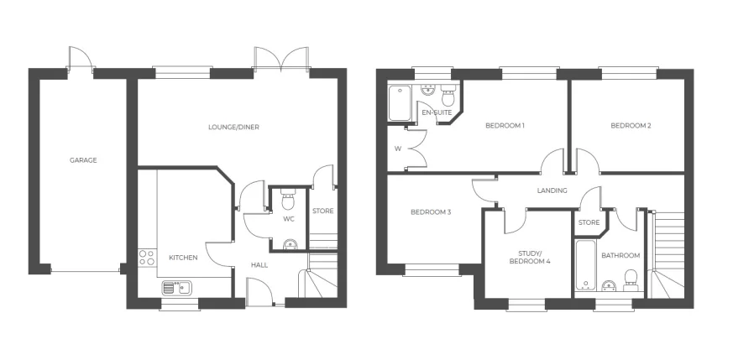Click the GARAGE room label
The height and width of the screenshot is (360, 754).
[83, 160]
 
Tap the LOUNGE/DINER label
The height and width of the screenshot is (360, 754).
[233, 128]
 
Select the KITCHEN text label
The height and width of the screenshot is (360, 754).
[183, 258]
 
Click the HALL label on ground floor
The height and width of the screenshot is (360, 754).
[259, 265]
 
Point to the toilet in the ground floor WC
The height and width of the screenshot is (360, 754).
[288, 201]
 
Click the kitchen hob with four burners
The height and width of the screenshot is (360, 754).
[147, 258]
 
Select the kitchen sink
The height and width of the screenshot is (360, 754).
[177, 287]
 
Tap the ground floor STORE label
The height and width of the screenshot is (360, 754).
[322, 211]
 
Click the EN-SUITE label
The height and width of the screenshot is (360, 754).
[437, 112]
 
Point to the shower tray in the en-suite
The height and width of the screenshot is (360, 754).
[400, 104]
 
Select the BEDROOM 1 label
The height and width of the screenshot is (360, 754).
[505, 126]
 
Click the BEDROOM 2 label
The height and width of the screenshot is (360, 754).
[631, 126]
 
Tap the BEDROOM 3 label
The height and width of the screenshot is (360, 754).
[431, 212]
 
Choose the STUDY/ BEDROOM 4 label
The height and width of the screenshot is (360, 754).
[530, 257]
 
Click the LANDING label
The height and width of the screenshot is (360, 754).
[552, 190]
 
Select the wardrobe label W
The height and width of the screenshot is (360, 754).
[398, 149]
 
